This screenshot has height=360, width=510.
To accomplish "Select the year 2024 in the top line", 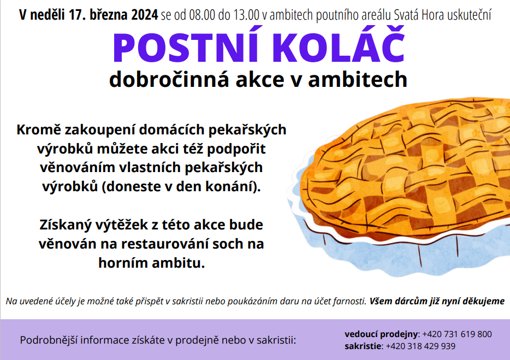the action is [x=145, y=15].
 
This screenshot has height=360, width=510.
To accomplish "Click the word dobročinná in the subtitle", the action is [x=169, y=79].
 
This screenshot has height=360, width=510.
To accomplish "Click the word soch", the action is [x=227, y=244].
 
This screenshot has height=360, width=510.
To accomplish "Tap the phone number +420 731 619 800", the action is [x=457, y=334].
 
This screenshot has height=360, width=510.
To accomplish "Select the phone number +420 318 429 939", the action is [x=420, y=346].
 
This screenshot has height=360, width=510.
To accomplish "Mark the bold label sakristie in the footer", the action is [x=363, y=346].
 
